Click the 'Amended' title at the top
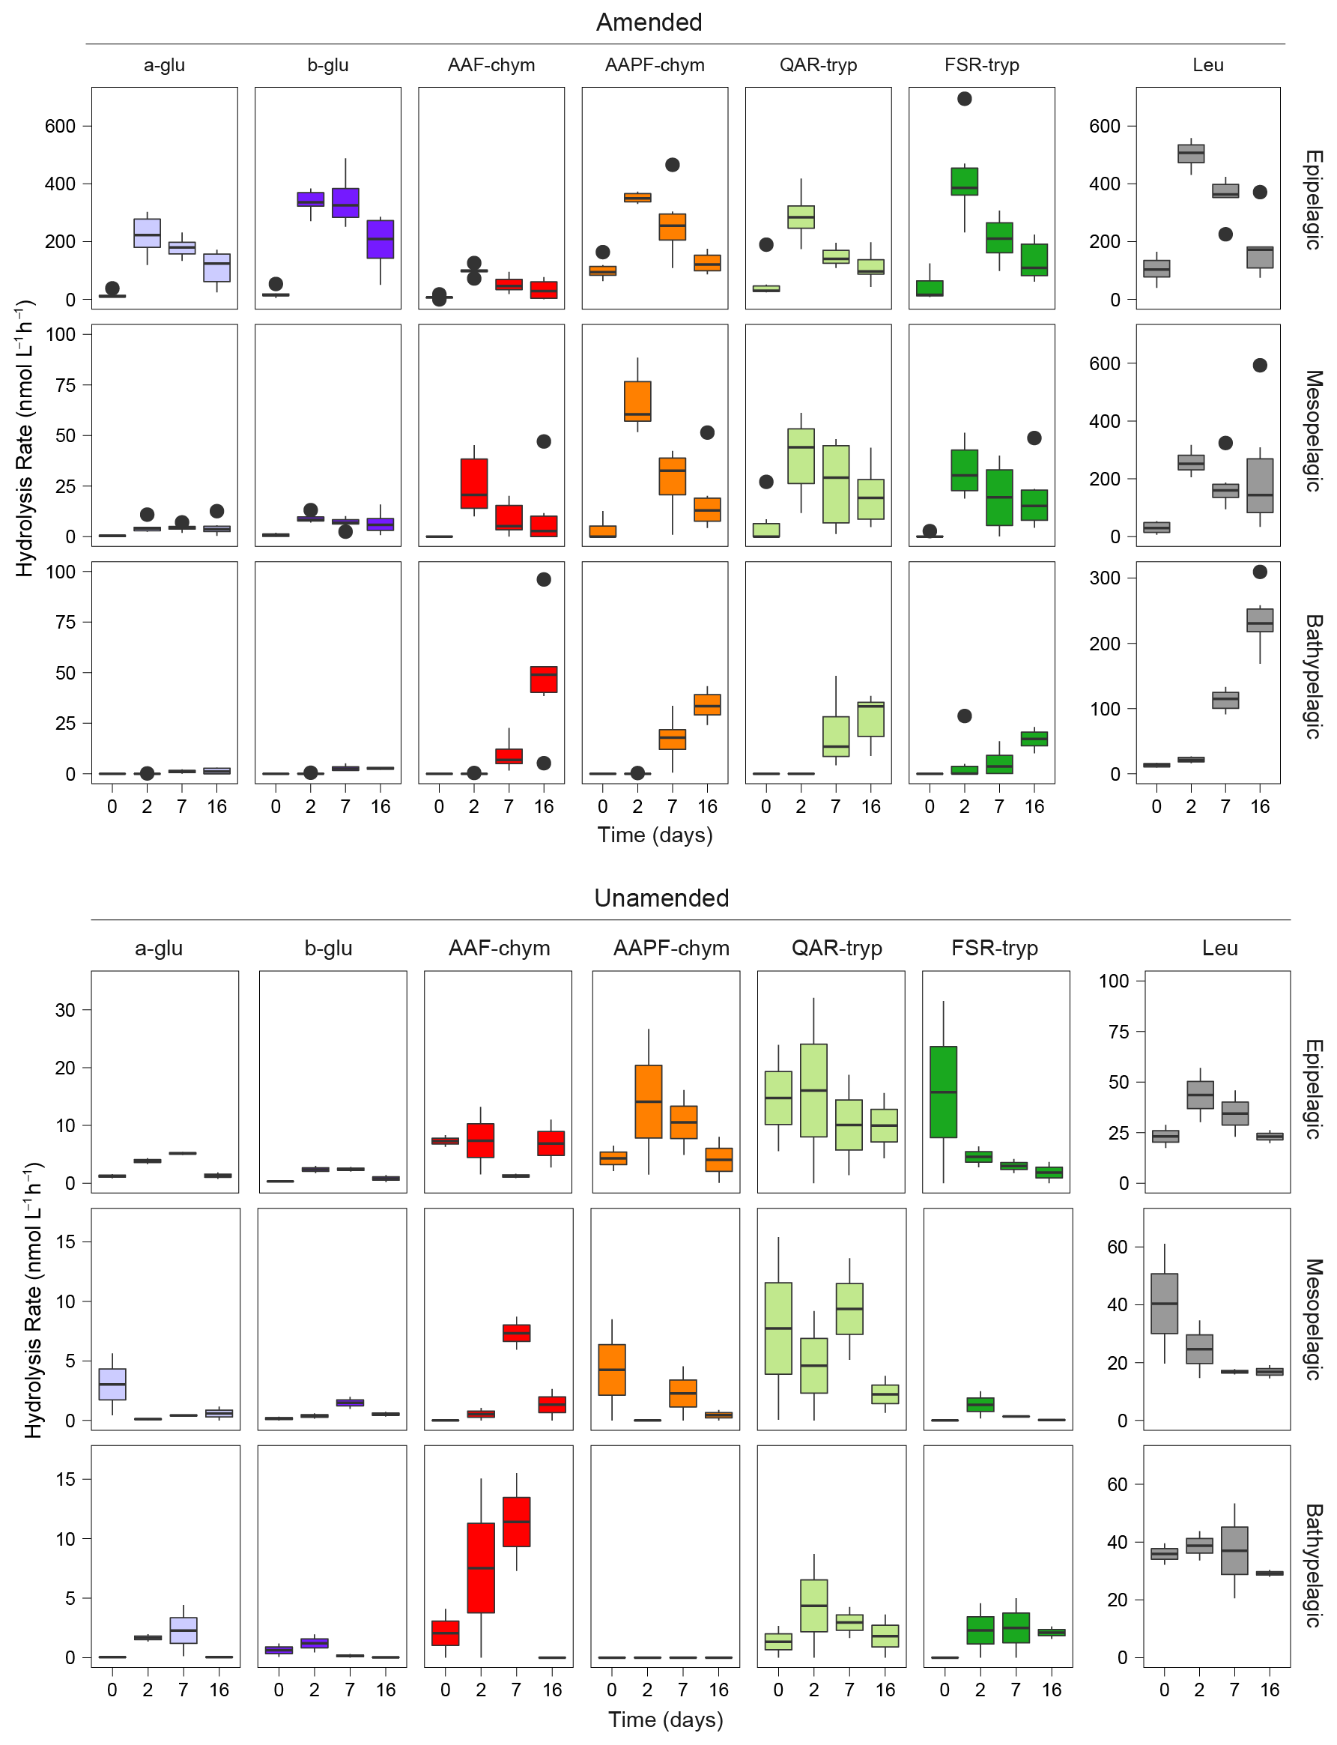649,22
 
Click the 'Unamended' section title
661,898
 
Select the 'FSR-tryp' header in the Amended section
981,65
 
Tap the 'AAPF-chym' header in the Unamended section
671,948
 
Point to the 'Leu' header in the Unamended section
1219,948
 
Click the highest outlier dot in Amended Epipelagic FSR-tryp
965,99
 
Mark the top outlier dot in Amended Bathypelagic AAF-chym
544,580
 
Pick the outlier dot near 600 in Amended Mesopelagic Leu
1260,366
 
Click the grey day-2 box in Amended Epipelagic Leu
1191,154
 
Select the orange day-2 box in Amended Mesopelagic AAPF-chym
637,402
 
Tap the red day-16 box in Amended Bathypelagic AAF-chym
544,679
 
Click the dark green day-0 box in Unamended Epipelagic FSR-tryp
943,1092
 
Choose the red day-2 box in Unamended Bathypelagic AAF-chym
481,1567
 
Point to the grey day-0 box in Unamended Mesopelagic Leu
1164,1303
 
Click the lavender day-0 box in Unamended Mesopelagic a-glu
112,1384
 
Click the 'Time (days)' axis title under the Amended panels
655,835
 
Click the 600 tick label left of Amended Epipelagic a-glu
61,127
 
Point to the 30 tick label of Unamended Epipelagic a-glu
65,1010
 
